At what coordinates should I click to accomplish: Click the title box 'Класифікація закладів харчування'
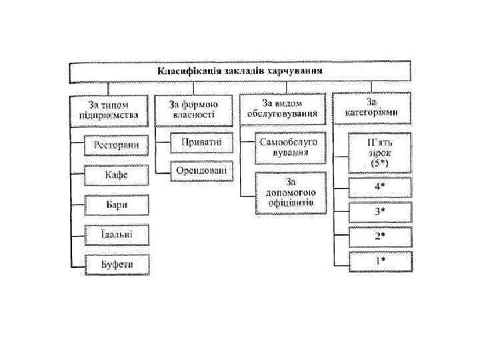coord(241,71)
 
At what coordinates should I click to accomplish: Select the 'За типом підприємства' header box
coord(109,110)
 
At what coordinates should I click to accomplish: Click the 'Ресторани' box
coord(117,145)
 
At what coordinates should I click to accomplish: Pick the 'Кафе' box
coord(117,175)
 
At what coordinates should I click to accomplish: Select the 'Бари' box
coord(117,205)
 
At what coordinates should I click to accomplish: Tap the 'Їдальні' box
coord(117,235)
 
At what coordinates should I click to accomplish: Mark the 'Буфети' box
coord(117,265)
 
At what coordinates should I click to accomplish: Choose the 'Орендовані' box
coord(201,171)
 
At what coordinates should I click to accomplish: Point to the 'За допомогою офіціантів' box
coord(291,192)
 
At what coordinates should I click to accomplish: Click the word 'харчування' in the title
coord(296,71)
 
